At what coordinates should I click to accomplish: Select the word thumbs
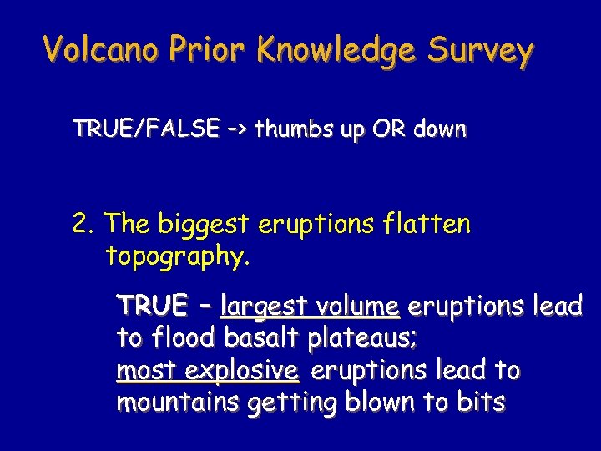click(x=292, y=129)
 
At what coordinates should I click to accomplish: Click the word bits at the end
click(x=479, y=402)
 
